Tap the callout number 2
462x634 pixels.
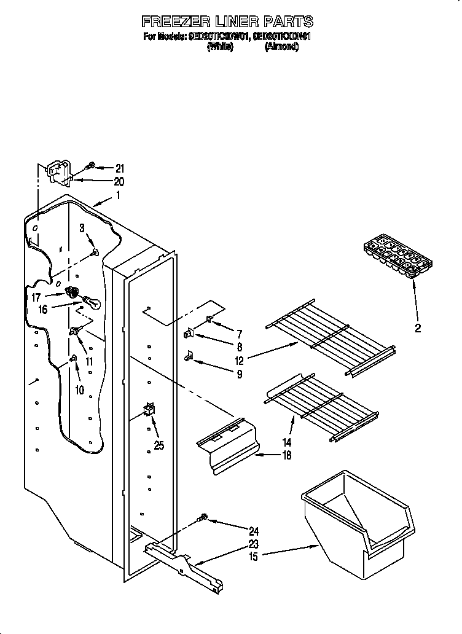(x=418, y=328)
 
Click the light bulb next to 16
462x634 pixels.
(x=88, y=302)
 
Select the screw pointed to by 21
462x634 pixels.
(x=90, y=166)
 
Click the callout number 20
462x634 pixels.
(x=119, y=181)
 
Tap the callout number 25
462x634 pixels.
(x=159, y=446)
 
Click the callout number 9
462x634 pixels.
(x=239, y=374)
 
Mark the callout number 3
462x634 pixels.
(x=82, y=229)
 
